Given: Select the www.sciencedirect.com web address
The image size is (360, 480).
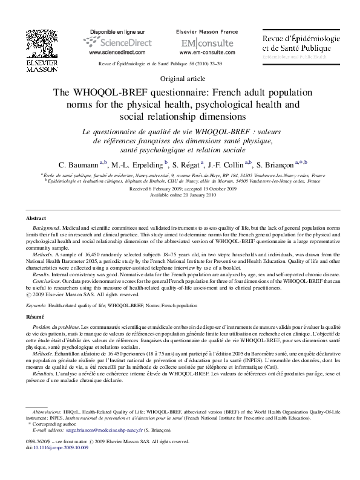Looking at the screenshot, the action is (117, 53).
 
